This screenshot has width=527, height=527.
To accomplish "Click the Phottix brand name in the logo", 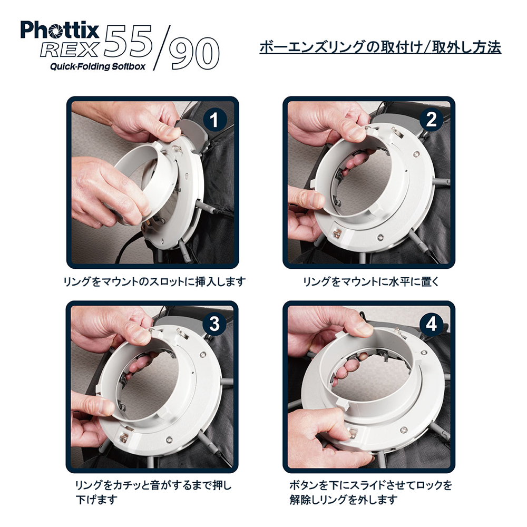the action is click(60, 30).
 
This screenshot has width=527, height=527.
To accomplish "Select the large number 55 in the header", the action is click(128, 41).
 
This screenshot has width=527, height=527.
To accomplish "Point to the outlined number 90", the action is click(194, 53).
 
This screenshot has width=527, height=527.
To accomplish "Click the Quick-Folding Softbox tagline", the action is click(97, 66).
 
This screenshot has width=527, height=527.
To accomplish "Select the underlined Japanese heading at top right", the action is click(380, 47).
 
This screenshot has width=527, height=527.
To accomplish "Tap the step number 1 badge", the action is click(214, 120).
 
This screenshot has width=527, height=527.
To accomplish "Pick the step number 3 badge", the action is click(214, 324).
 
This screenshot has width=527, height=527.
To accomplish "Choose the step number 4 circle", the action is click(431, 324).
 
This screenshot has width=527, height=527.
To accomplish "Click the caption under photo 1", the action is click(154, 281).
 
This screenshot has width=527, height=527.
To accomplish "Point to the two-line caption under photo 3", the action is click(153, 492).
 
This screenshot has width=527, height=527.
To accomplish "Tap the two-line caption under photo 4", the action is click(370, 492).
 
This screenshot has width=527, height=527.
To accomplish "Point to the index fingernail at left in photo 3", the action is click(107, 407).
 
